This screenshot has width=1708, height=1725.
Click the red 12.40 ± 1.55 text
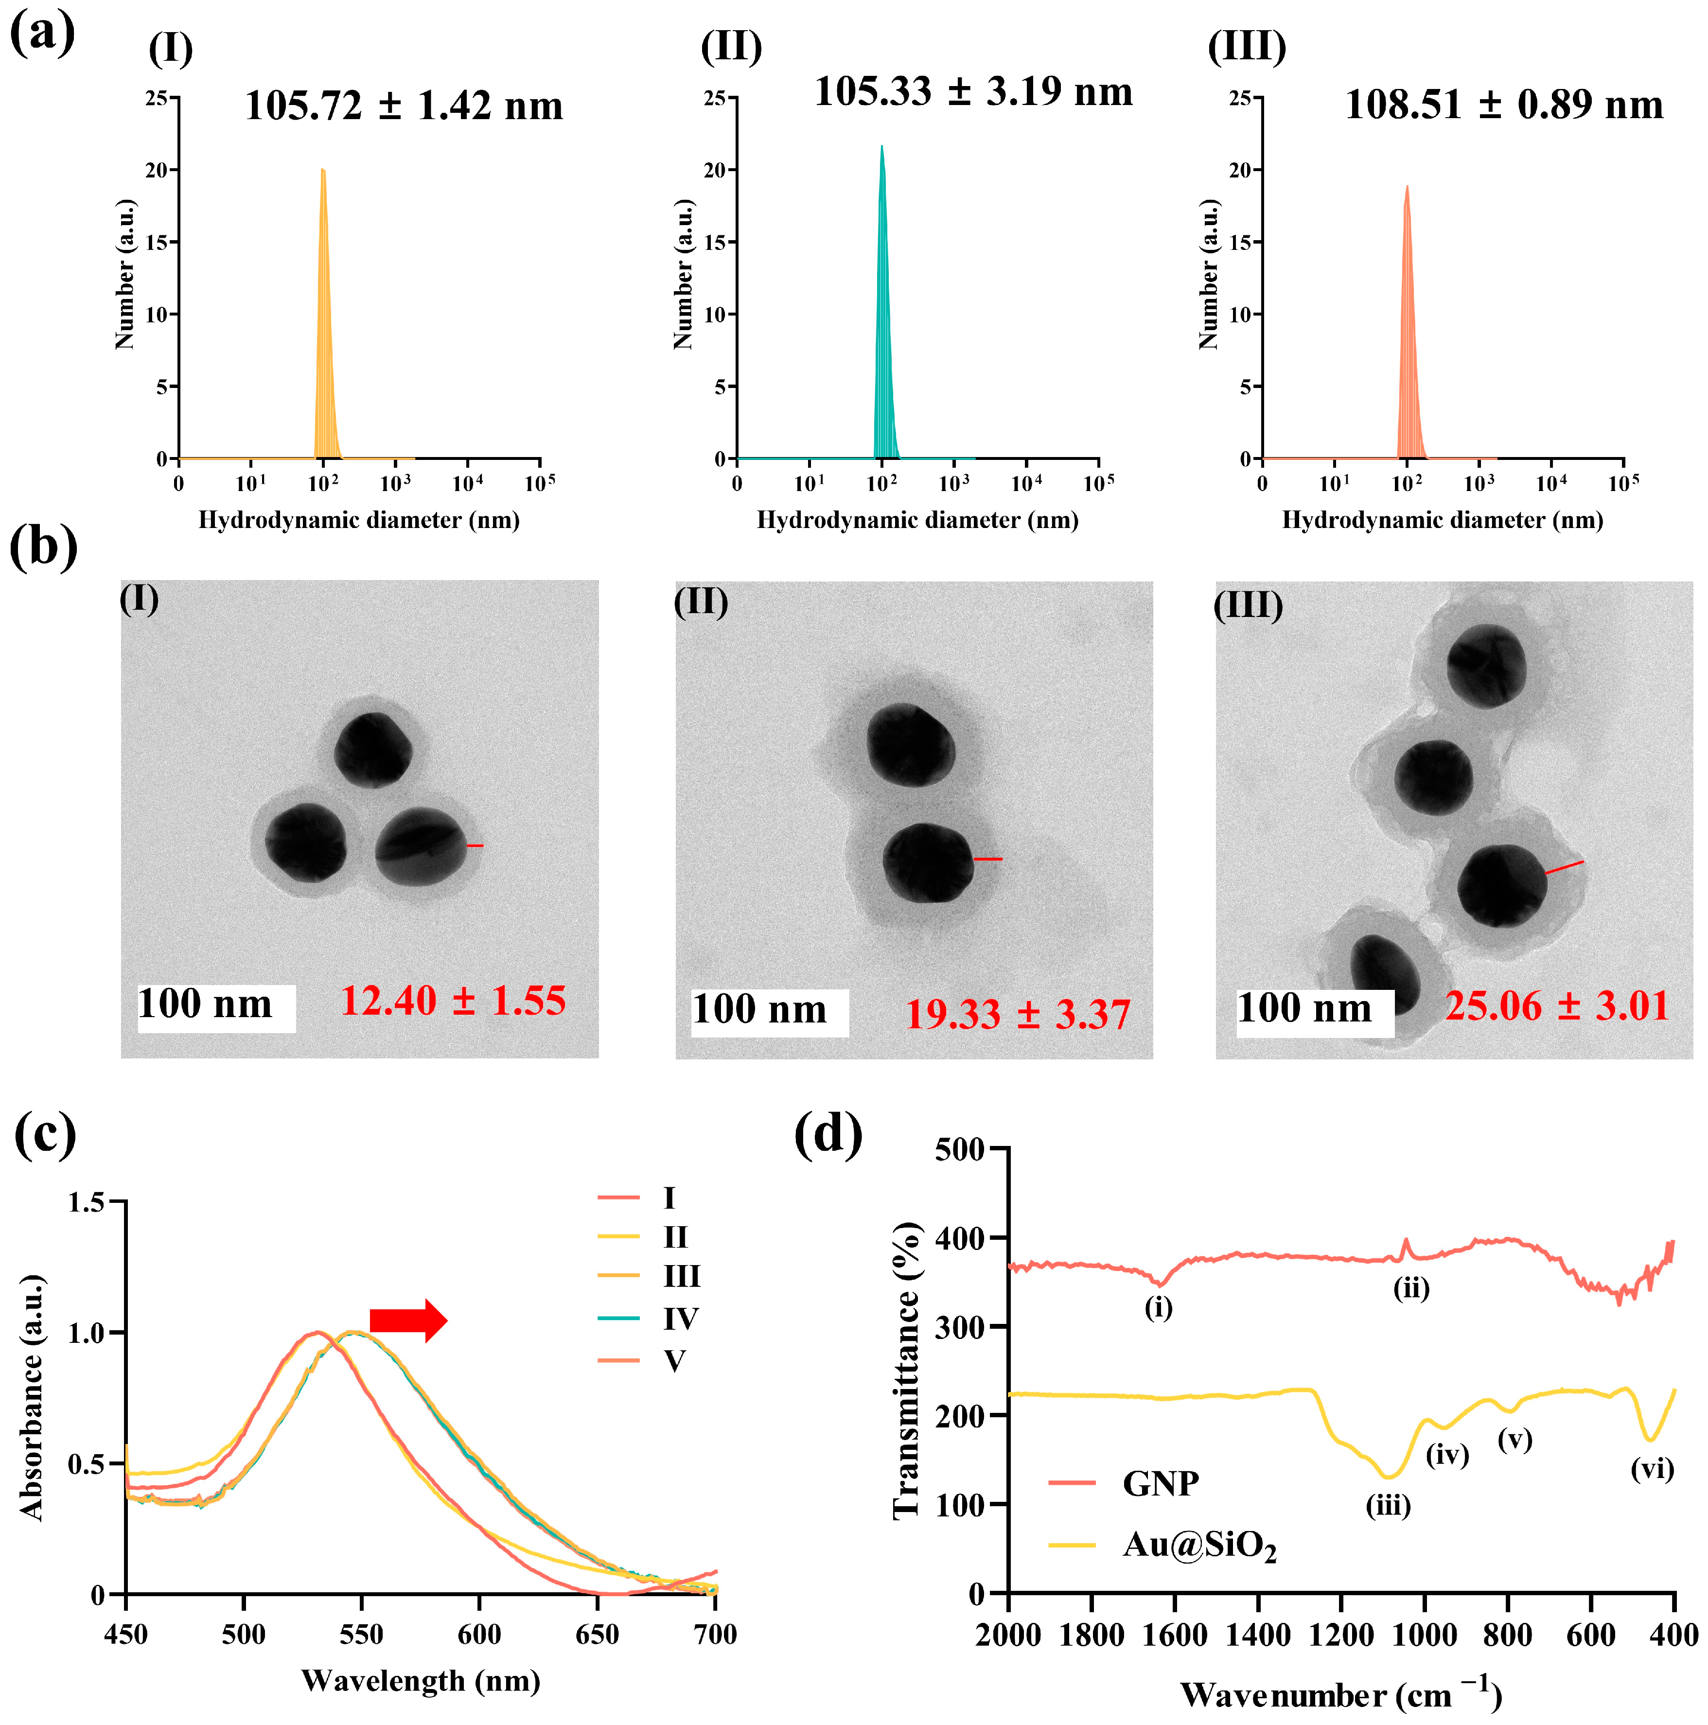pos(453,1001)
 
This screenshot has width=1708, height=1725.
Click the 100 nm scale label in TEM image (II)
pos(760,1010)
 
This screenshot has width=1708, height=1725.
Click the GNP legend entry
pos(1160,1483)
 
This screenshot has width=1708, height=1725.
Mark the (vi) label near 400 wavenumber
pos(1652,1469)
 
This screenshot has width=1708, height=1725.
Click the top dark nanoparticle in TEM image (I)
pos(373,750)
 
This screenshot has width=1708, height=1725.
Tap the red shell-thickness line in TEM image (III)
pos(1564,867)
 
